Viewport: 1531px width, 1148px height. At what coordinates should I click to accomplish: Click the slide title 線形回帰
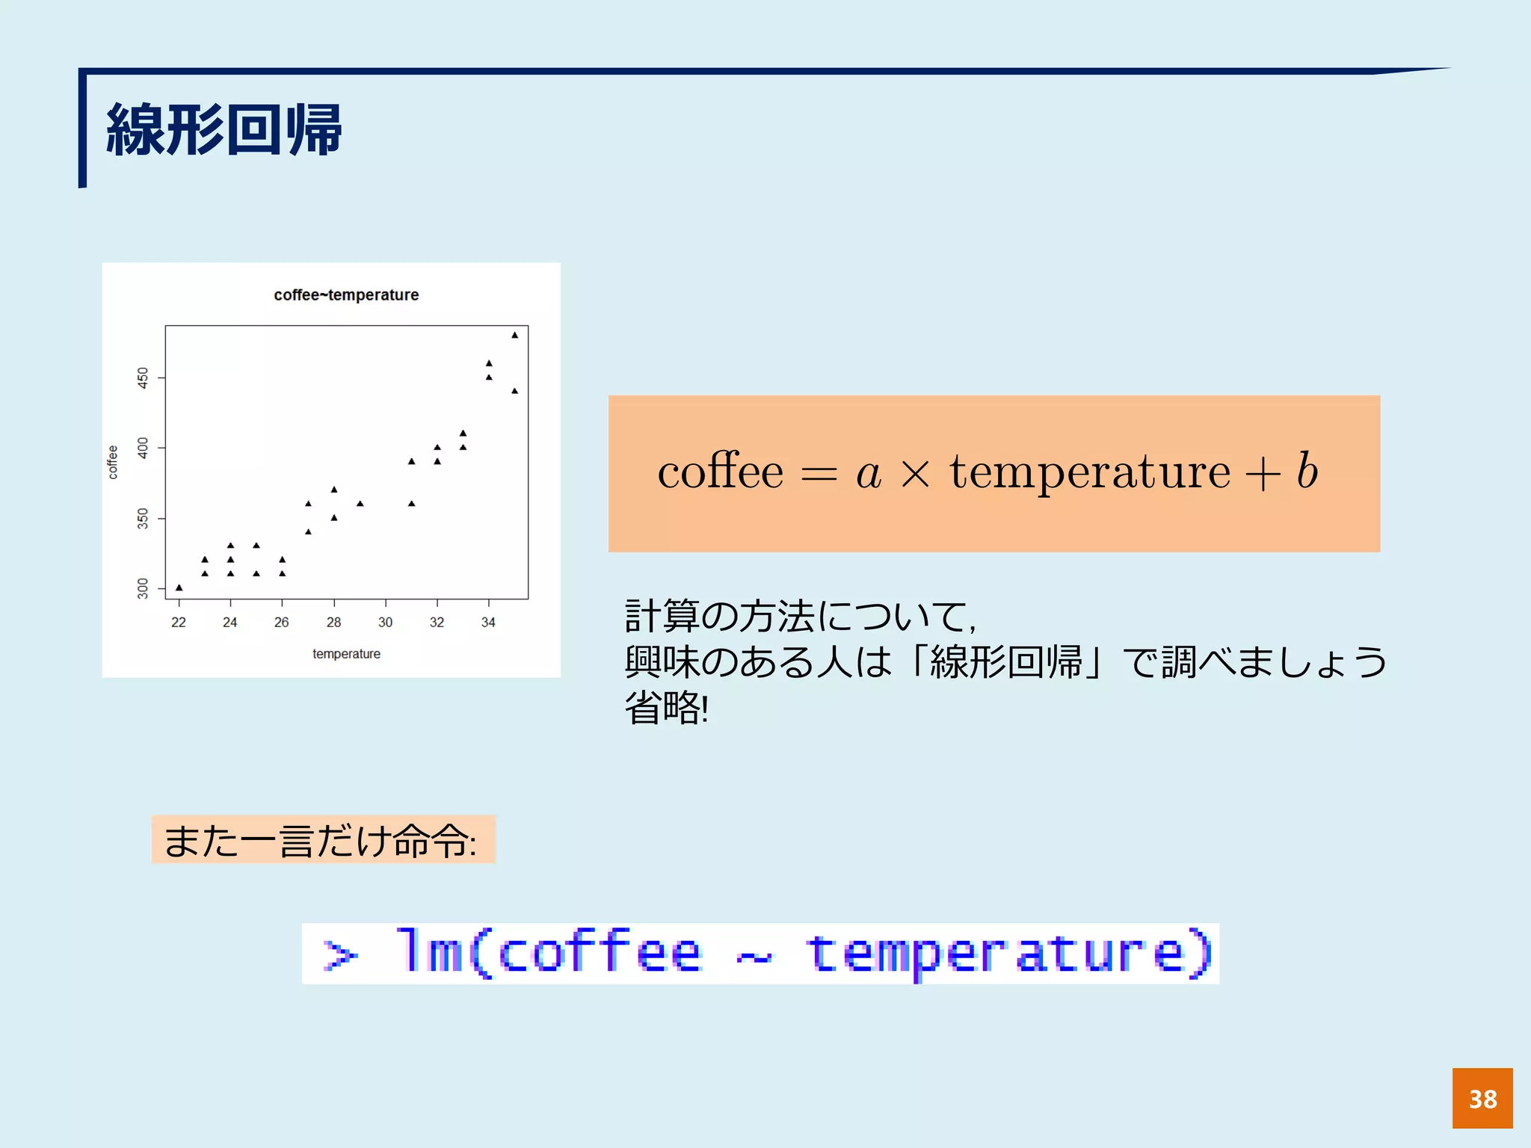tap(224, 130)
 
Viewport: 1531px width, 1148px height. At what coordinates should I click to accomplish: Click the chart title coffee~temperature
tap(346, 294)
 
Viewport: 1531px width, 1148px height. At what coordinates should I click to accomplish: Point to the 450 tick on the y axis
tap(143, 377)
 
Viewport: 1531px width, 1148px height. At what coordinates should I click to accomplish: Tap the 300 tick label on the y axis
tap(143, 588)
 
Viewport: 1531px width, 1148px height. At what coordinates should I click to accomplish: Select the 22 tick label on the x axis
tap(178, 622)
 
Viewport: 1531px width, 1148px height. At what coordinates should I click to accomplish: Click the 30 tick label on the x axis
tap(385, 622)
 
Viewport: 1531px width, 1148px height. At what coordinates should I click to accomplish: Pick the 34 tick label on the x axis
tap(488, 622)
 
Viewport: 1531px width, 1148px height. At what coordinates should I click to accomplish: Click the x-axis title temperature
tap(346, 654)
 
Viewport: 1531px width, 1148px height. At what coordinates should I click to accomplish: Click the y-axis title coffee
tap(113, 462)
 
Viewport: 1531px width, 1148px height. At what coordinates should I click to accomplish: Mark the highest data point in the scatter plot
tap(514, 335)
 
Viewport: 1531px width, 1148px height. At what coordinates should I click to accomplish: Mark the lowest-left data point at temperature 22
tap(179, 587)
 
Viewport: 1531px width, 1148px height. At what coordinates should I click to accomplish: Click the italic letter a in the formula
tap(869, 474)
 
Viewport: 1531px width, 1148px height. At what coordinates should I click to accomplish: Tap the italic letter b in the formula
tap(1307, 471)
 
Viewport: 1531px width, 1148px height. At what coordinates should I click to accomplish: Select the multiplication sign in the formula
tap(915, 474)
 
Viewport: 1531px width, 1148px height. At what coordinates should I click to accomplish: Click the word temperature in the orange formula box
tap(1089, 472)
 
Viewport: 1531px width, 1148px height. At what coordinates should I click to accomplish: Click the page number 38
tap(1482, 1099)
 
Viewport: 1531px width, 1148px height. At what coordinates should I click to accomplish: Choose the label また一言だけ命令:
tap(321, 841)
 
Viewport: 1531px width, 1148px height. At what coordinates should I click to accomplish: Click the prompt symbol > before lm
tap(339, 955)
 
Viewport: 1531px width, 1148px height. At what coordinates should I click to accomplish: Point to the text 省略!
tap(666, 707)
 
